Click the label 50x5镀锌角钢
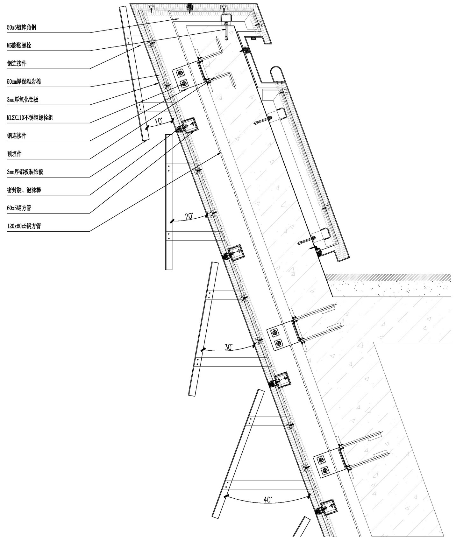pyautogui.click(x=21, y=27)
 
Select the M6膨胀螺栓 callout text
pyautogui.click(x=19, y=46)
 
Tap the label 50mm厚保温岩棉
pyautogui.click(x=24, y=82)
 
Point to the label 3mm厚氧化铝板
pyautogui.click(x=23, y=100)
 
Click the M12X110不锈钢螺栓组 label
pyautogui.click(x=30, y=118)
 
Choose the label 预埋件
pyautogui.click(x=14, y=154)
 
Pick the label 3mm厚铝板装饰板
pyautogui.click(x=25, y=172)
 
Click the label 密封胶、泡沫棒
pyautogui.click(x=24, y=190)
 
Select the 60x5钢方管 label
pyautogui.click(x=19, y=208)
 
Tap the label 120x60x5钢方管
pyautogui.click(x=24, y=226)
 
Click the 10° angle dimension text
pyautogui.click(x=158, y=121)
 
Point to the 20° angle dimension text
pyautogui.click(x=189, y=216)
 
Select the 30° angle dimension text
pyautogui.click(x=228, y=347)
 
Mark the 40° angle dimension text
pyautogui.click(x=268, y=500)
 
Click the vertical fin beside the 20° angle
pyautogui.click(x=169, y=202)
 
